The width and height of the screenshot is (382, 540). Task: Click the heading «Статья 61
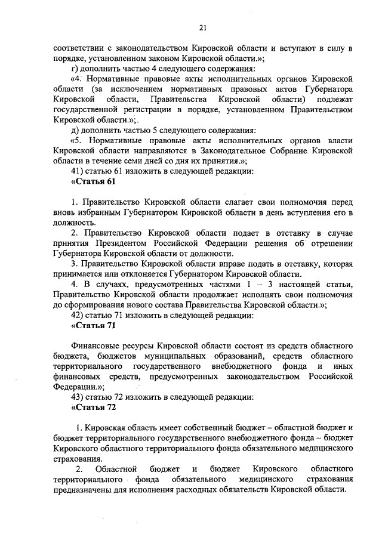[x=93, y=181]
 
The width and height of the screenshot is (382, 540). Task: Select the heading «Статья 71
[x=93, y=325]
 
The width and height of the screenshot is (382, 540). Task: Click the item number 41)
[x=77, y=171]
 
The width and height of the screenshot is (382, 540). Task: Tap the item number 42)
[x=77, y=315]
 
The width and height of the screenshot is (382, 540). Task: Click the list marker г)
[x=74, y=68]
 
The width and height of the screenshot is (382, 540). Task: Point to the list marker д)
[x=74, y=130]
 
